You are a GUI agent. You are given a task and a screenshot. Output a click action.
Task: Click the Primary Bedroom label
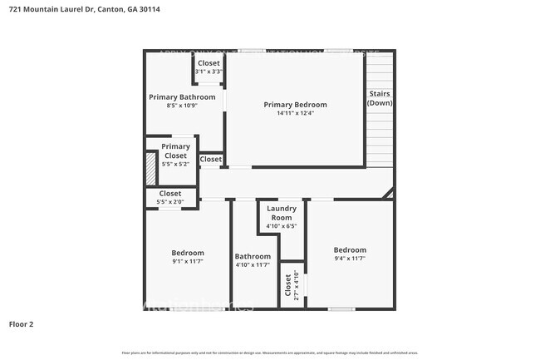pos(295,105)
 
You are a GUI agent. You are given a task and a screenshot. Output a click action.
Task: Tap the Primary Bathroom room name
pos(182,97)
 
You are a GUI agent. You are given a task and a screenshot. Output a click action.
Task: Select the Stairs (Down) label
pos(380,98)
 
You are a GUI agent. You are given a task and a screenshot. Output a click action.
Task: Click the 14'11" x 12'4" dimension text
pos(295,114)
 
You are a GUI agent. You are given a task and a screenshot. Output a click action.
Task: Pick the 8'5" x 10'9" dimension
pos(182,106)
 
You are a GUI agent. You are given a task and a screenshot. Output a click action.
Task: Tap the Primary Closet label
pos(175,151)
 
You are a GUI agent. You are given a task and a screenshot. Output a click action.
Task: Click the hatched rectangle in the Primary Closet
pos(150,169)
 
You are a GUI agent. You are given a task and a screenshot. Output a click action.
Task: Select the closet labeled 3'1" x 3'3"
pos(209,67)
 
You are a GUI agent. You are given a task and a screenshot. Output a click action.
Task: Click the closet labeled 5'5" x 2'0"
pos(170,198)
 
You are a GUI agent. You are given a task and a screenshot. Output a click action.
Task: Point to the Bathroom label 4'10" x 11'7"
pos(253,260)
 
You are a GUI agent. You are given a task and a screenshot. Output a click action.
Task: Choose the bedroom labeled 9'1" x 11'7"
pos(187,257)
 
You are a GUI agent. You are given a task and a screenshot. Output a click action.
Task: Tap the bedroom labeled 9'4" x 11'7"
pos(350,254)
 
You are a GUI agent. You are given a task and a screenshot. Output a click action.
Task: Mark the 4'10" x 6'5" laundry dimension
pos(281,225)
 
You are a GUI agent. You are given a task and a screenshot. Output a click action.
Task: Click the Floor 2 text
pos(21,323)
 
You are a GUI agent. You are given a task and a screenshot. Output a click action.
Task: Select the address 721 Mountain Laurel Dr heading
pos(51,9)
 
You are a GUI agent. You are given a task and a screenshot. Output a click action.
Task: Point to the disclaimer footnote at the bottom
pos(270,353)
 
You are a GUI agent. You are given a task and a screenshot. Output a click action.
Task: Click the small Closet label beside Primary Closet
pos(211,159)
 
